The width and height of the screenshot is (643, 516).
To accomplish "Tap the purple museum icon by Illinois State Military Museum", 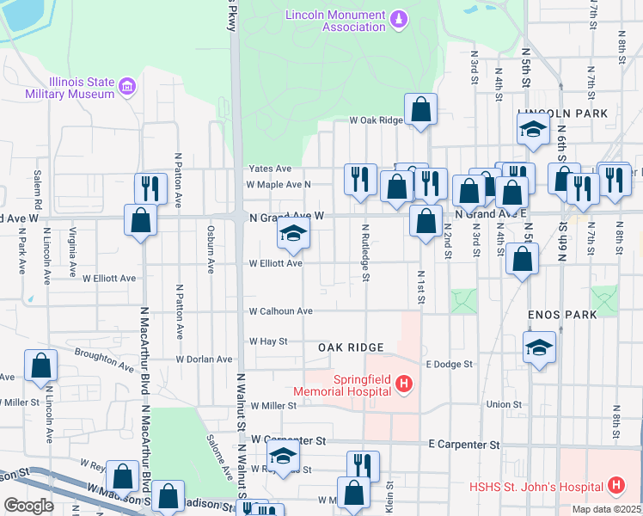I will point(127,85).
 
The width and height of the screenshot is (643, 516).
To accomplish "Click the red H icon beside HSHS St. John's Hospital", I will point(615,486).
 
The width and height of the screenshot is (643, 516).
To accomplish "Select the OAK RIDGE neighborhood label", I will point(350,347).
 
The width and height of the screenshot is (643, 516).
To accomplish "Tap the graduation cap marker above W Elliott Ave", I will point(293,233).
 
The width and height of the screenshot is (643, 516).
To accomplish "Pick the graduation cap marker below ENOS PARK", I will point(539,347).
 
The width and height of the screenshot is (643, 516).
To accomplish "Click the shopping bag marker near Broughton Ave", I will point(41,365).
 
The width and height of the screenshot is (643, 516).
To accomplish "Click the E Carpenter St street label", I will point(464,445).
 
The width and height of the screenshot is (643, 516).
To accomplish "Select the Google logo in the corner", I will point(28,506).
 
